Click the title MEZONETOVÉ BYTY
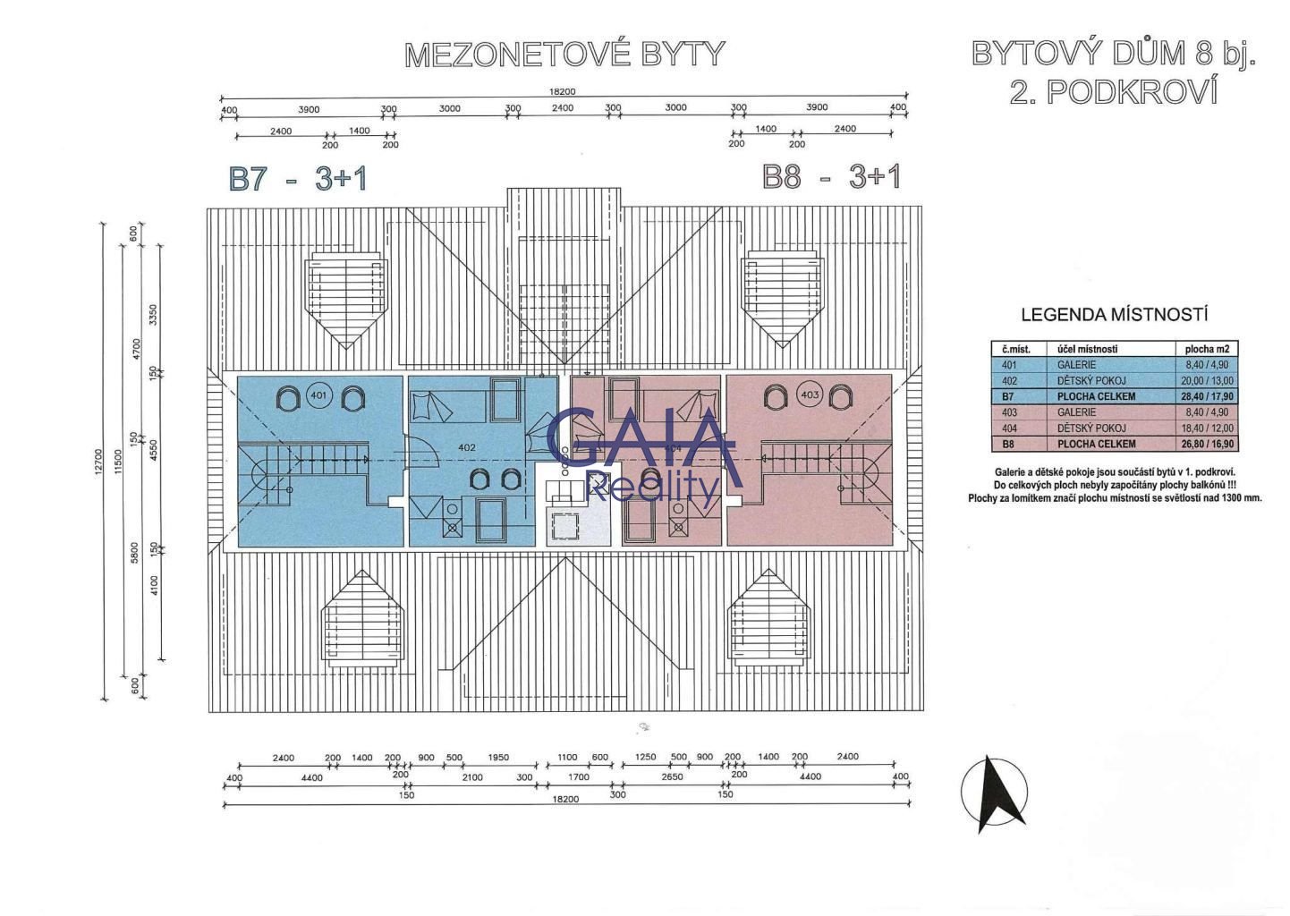(564, 55)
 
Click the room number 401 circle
(318, 394)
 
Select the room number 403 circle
(810, 394)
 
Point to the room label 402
(466, 447)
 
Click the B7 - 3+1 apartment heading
(298, 178)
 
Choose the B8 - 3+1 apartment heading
(831, 176)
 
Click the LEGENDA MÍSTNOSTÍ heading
(1114, 315)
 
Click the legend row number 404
(1010, 428)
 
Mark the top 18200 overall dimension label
(563, 91)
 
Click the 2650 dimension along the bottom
(671, 777)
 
